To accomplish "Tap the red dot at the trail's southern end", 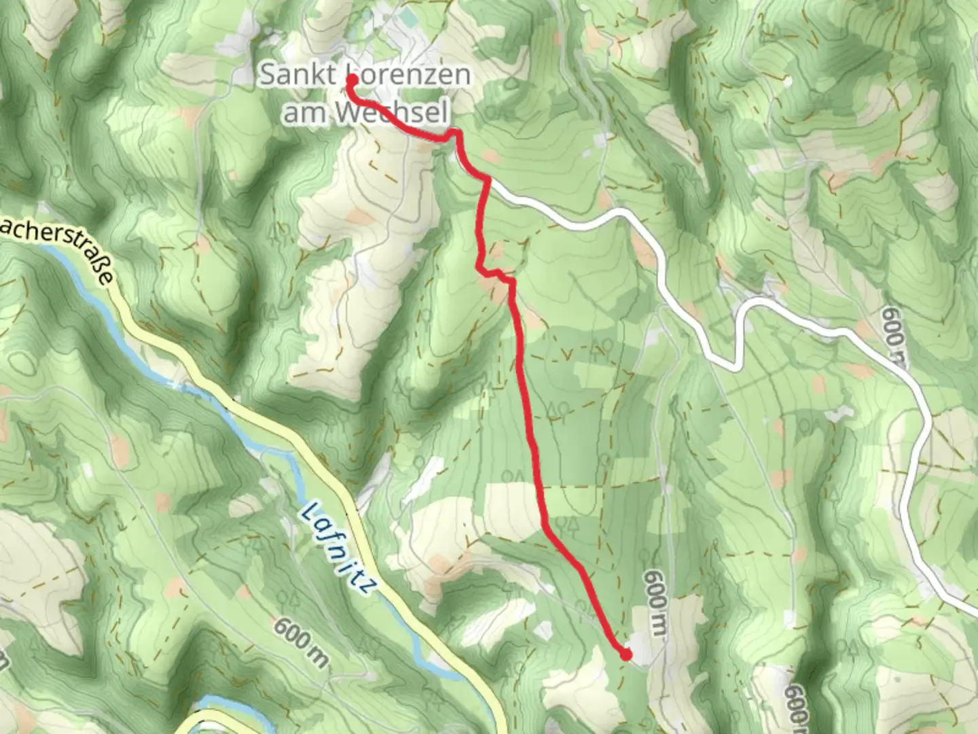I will click(x=626, y=654).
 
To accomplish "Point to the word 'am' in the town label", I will click(x=302, y=113).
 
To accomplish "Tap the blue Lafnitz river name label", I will click(x=338, y=548).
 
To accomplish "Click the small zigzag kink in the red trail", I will click(x=494, y=274).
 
